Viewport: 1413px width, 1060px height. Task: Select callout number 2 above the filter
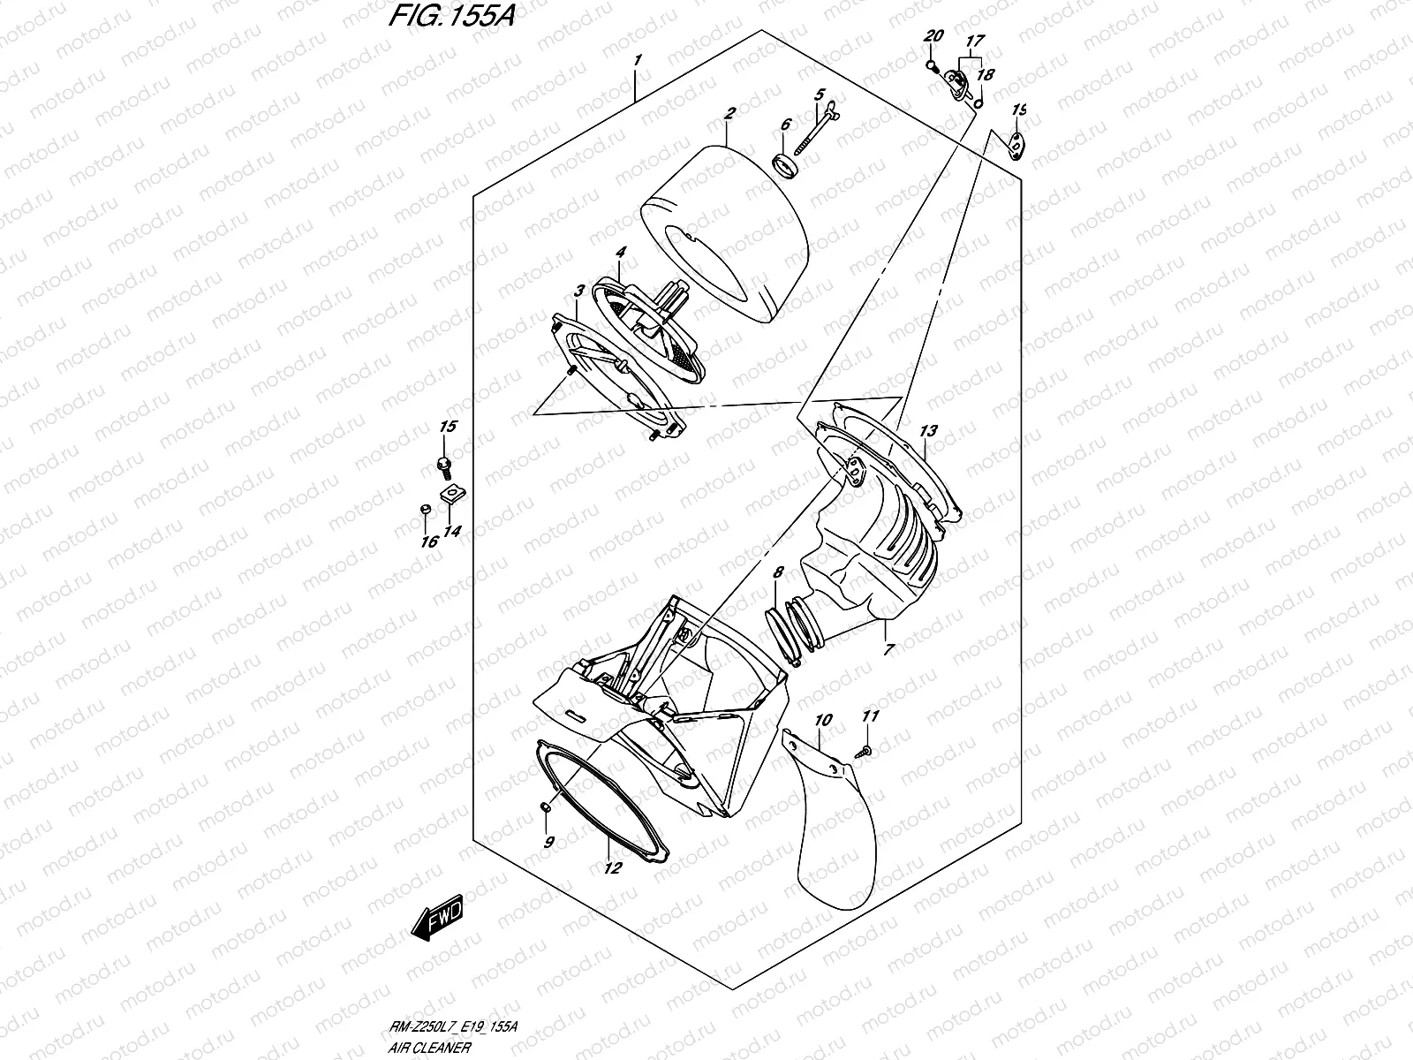(729, 114)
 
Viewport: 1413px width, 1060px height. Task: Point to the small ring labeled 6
(783, 164)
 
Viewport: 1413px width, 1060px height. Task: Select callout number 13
(927, 432)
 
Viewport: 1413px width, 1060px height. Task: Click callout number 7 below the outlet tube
(888, 649)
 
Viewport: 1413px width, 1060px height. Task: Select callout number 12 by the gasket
(612, 867)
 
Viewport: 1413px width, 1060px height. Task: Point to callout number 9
(548, 842)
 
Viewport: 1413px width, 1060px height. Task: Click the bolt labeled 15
(442, 462)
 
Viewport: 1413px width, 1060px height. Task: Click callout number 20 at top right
(933, 36)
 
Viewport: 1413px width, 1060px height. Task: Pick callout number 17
(975, 41)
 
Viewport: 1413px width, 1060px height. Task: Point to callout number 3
(578, 291)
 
